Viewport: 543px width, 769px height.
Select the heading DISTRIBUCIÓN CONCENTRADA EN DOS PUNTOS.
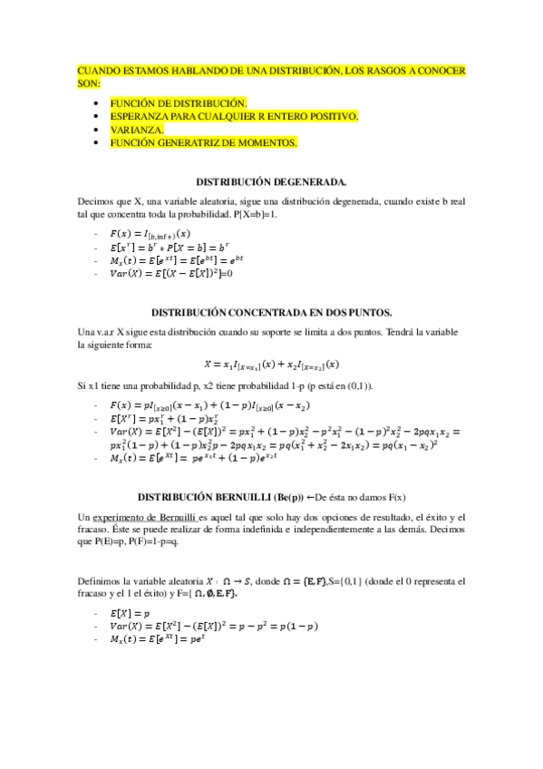point(271,312)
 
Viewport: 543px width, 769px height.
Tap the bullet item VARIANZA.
point(137,130)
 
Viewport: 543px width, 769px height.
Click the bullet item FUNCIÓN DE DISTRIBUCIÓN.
point(178,103)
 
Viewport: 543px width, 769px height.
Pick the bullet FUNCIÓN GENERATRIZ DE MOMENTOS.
point(203,142)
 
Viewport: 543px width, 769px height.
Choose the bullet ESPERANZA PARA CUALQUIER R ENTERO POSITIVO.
point(234,116)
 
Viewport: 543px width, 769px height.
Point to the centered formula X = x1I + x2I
point(271,365)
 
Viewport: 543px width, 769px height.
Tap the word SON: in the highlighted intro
point(90,82)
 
